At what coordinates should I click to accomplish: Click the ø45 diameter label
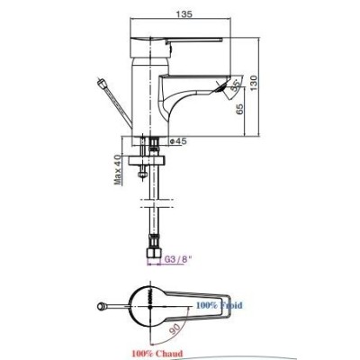click(177, 141)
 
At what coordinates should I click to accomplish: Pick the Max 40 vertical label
click(118, 168)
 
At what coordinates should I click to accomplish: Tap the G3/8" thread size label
click(168, 263)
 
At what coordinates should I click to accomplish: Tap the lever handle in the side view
click(180, 42)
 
